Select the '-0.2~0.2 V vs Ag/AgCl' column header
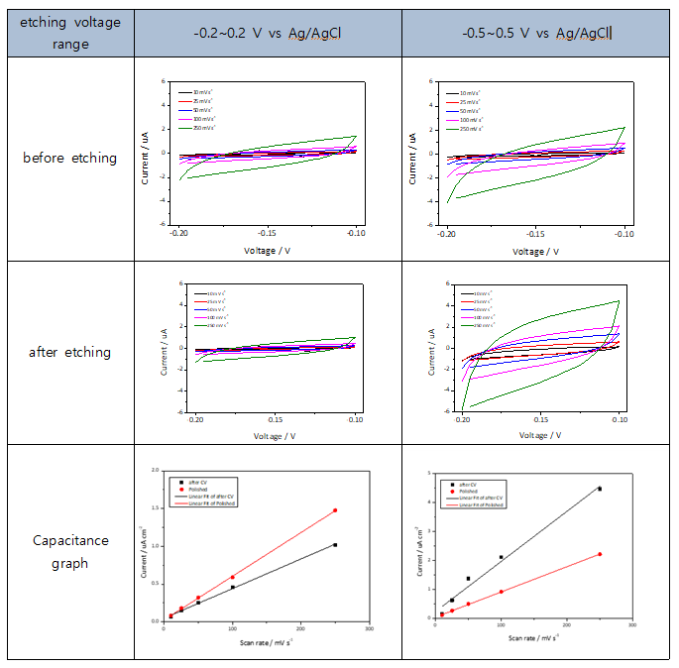[x=267, y=33]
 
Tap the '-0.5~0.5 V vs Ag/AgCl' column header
[x=537, y=33]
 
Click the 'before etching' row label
[x=69, y=158]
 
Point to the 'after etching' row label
[x=69, y=352]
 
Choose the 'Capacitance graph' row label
[x=69, y=553]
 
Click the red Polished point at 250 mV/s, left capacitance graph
[x=335, y=510]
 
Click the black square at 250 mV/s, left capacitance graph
[x=335, y=545]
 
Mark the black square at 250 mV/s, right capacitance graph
[x=599, y=489]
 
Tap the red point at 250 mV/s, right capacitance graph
[x=599, y=554]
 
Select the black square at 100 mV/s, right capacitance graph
[x=502, y=557]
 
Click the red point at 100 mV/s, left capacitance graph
[x=233, y=577]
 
